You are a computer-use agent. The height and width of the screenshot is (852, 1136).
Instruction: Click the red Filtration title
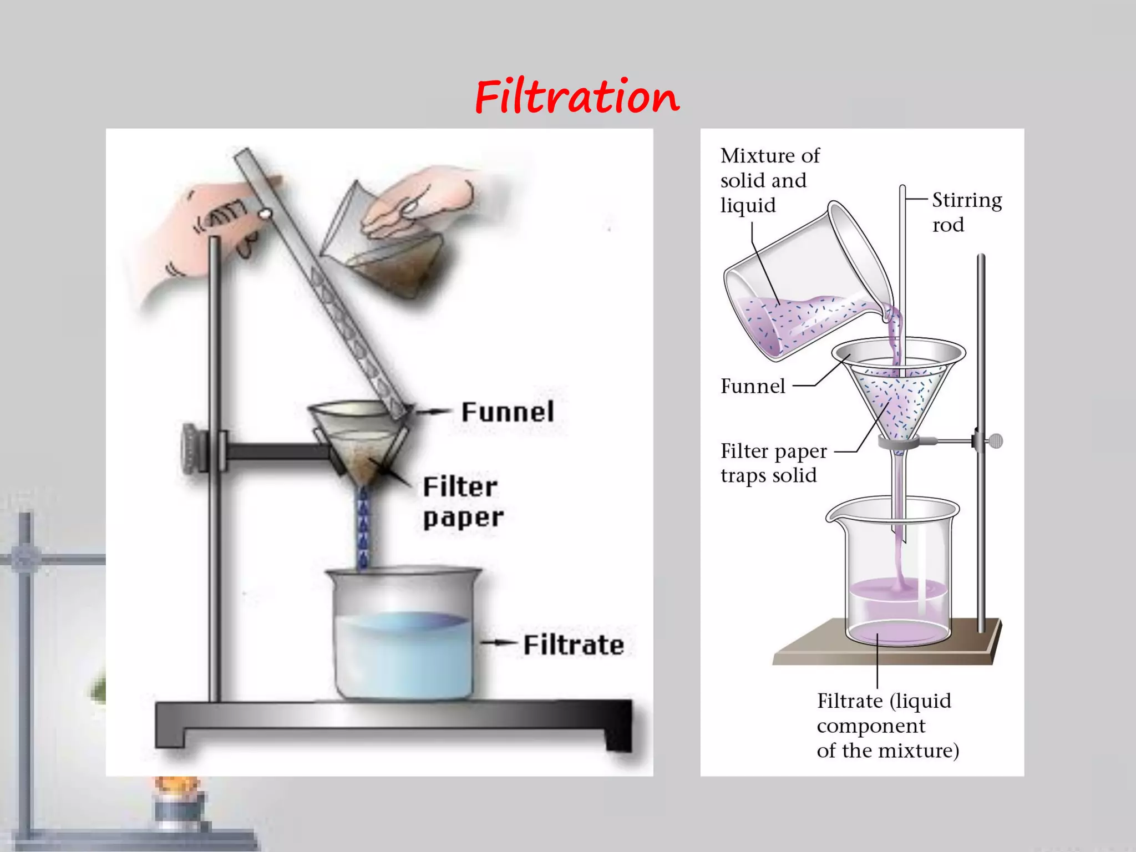click(x=577, y=97)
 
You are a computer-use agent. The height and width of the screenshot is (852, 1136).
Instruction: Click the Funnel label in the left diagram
click(x=508, y=412)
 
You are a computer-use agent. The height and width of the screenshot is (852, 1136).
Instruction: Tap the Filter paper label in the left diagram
click(x=462, y=503)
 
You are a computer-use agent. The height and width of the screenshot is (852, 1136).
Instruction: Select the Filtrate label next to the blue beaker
click(x=574, y=645)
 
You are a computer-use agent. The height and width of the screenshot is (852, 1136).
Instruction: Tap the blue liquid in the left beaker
click(x=404, y=655)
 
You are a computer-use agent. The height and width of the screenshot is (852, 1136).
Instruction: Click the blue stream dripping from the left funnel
click(x=363, y=527)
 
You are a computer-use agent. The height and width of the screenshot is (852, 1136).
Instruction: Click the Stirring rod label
click(x=966, y=212)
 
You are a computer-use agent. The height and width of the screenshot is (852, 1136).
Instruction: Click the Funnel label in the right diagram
click(x=753, y=386)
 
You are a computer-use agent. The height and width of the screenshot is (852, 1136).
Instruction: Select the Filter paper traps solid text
click(x=773, y=463)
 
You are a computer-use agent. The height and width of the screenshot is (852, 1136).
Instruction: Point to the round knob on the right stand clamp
click(x=996, y=441)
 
